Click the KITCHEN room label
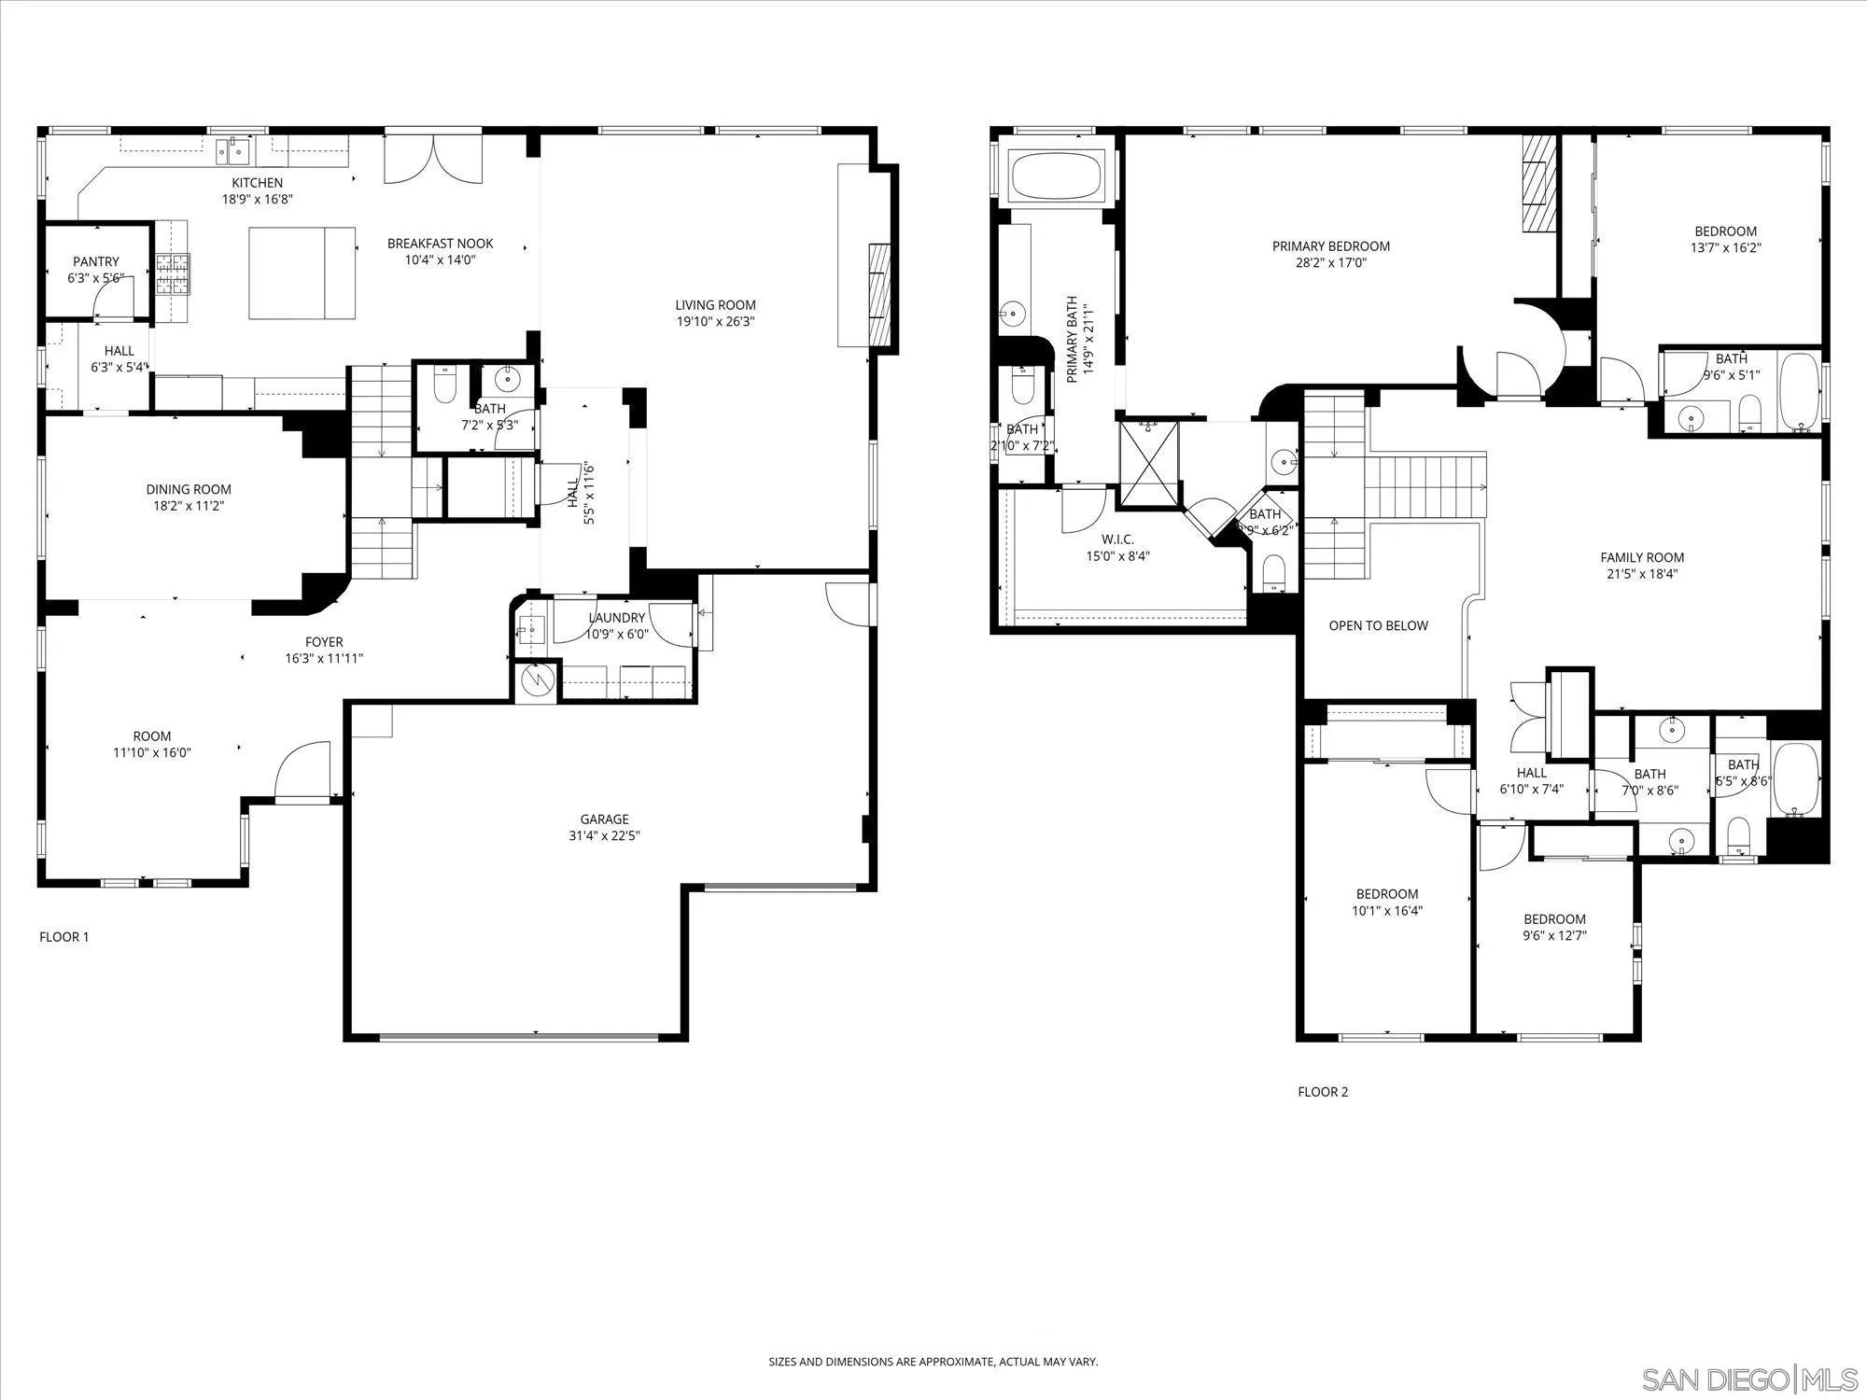(x=257, y=183)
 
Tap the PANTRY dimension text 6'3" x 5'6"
(x=96, y=278)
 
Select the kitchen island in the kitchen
(x=302, y=273)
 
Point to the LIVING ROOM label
(x=716, y=305)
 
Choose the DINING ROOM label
(x=189, y=489)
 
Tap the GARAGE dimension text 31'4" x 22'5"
(x=604, y=836)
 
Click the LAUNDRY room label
(x=617, y=618)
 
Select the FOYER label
(x=324, y=642)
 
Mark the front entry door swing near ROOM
(x=302, y=771)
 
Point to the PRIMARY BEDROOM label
(x=1331, y=246)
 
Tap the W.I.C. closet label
(x=1117, y=539)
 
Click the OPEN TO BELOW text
(x=1379, y=625)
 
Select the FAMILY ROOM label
(x=1642, y=558)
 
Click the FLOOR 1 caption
(x=64, y=937)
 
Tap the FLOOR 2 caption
(x=1323, y=1092)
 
